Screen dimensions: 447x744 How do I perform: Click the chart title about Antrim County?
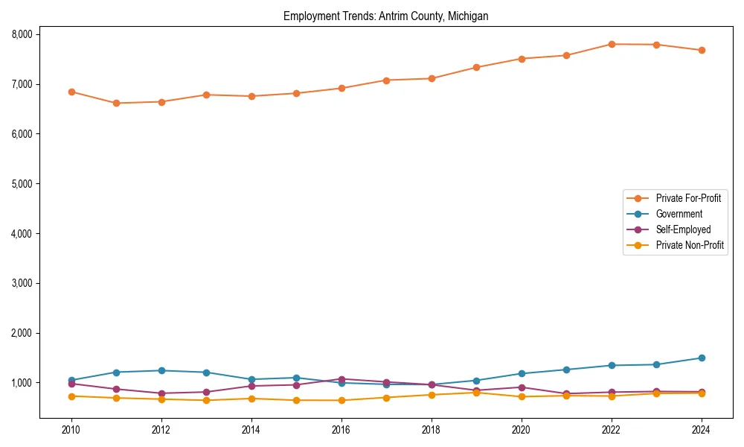[x=385, y=16]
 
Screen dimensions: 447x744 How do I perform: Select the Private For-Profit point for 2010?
[x=71, y=92]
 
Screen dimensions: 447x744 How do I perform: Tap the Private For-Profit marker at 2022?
[x=612, y=44]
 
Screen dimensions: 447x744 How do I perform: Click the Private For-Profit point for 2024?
[x=702, y=51]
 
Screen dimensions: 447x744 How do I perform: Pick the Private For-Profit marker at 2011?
[x=116, y=103]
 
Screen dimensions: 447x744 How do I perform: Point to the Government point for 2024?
[x=702, y=358]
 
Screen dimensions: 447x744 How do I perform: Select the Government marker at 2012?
[x=161, y=370]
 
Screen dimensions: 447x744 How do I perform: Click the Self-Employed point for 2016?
[x=341, y=379]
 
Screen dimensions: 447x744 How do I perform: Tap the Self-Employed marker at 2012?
[x=161, y=393]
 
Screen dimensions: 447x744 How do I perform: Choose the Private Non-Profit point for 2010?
[x=71, y=396]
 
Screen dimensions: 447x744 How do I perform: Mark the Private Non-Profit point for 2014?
[x=251, y=399]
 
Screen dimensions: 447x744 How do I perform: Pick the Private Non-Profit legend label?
[x=690, y=245]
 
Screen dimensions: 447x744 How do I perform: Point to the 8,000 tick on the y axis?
[x=22, y=34]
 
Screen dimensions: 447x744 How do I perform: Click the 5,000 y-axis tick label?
[x=22, y=183]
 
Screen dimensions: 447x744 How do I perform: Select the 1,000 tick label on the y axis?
[x=22, y=383]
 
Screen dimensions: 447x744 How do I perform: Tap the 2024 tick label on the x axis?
[x=702, y=430]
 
